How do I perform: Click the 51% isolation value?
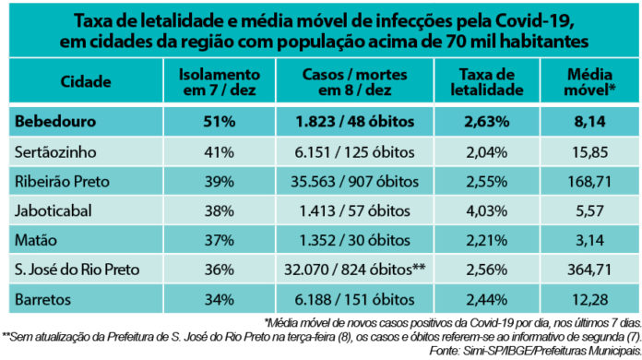218,120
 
